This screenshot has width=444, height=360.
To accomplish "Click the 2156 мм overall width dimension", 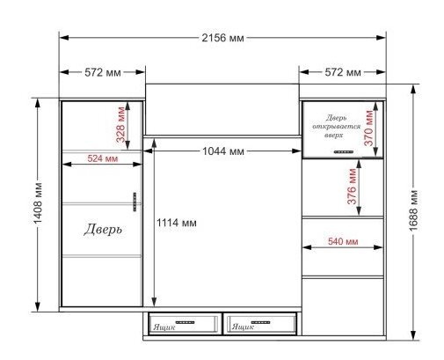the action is pyautogui.click(x=222, y=38).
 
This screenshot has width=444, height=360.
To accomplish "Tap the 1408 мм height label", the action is pyautogui.click(x=38, y=203).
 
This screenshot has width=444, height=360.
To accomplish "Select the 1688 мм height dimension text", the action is pyautogui.click(x=413, y=210).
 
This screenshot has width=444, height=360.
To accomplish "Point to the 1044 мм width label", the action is pyautogui.click(x=223, y=151).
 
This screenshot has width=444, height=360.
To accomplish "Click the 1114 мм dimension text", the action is pyautogui.click(x=177, y=223).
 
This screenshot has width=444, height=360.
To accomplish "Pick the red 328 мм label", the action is pyautogui.click(x=120, y=124).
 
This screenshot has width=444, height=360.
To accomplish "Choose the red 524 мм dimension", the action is pyautogui.click(x=103, y=158).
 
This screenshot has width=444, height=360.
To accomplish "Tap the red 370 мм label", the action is pyautogui.click(x=369, y=128).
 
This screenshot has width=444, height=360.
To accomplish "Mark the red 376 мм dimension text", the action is pyautogui.click(x=352, y=187).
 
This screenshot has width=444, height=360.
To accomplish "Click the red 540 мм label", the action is pyautogui.click(x=343, y=241).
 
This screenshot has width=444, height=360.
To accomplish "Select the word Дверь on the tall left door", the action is pyautogui.click(x=103, y=229).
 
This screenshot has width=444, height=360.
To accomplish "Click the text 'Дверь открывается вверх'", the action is pyautogui.click(x=336, y=127).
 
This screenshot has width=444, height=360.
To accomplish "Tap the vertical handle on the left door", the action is pyautogui.click(x=135, y=202).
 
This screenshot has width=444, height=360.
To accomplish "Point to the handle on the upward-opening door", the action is pyautogui.click(x=344, y=151).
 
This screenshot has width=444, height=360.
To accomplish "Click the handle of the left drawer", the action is pyautogui.click(x=185, y=322).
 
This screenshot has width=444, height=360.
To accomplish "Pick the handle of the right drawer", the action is pyautogui.click(x=260, y=322).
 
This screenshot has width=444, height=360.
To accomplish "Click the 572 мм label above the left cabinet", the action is pyautogui.click(x=103, y=72).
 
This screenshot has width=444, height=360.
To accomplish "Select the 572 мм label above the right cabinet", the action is pyautogui.click(x=343, y=72).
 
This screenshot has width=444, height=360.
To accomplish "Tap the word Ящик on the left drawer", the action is pyautogui.click(x=164, y=327).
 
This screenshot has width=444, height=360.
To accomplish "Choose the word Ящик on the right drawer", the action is pyautogui.click(x=243, y=327).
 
